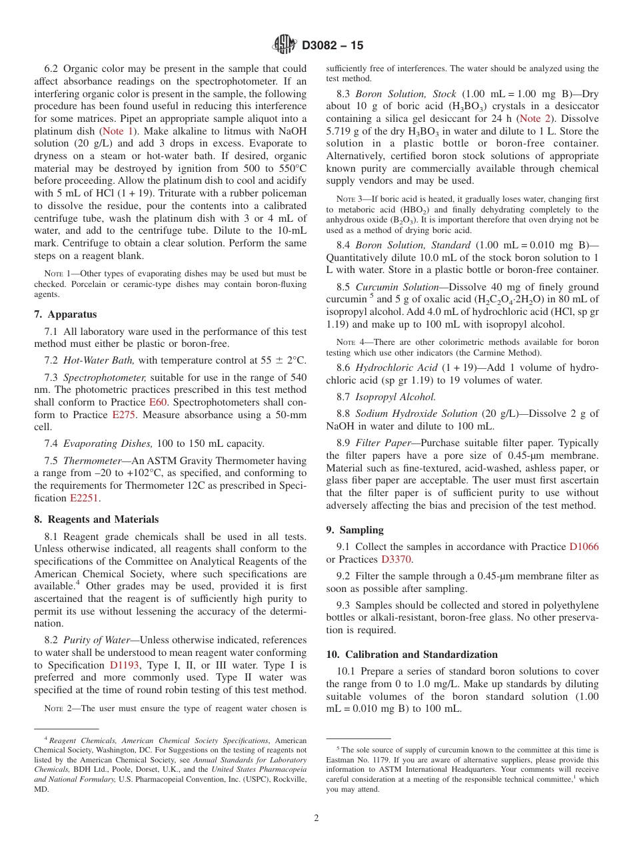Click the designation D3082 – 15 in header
[x=332, y=46]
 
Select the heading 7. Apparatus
[x=65, y=314]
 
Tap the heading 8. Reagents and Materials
[x=97, y=519]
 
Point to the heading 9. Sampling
[x=354, y=530]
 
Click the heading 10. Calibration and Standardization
[x=412, y=654]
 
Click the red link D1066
[x=584, y=547]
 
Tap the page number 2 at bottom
[x=316, y=818]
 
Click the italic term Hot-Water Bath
[x=98, y=360]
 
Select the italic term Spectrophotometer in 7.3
[x=104, y=377]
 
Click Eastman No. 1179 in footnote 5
[x=363, y=760]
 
